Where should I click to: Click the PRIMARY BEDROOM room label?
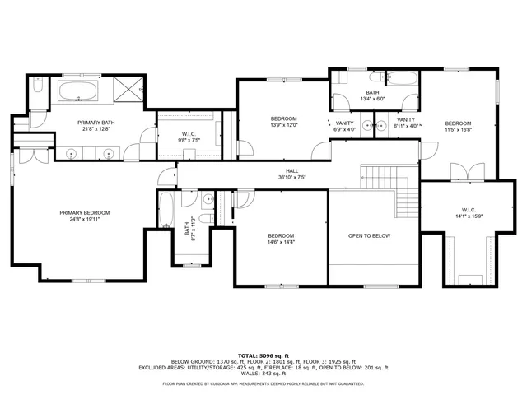(x=84, y=212)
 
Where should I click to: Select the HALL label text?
(x=280, y=170)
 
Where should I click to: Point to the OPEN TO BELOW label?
(x=369, y=236)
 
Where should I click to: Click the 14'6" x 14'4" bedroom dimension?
(x=281, y=242)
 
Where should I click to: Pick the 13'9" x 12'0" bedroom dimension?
(x=283, y=125)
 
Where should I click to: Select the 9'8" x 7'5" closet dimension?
(x=190, y=141)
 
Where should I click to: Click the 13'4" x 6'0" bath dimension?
(x=372, y=99)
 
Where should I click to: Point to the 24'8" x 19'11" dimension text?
(x=84, y=219)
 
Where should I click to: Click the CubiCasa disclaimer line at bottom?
(x=263, y=383)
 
